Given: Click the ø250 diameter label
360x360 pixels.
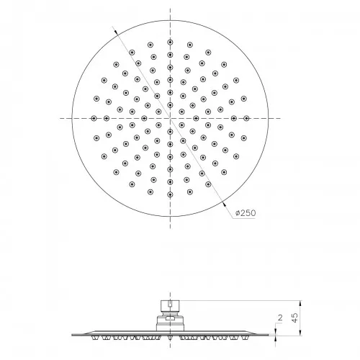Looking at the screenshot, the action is (246, 213).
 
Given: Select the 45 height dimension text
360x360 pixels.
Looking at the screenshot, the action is (295, 318).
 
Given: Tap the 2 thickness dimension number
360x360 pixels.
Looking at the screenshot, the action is (280, 318).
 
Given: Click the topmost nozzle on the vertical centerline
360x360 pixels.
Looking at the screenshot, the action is (170, 42).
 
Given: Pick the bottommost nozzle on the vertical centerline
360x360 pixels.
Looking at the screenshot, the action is (170, 194).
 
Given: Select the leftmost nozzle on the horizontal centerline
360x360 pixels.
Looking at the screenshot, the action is (94, 118).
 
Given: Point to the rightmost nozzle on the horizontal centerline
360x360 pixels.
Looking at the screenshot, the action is (246, 118).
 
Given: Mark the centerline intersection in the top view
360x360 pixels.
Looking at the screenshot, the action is (170, 118).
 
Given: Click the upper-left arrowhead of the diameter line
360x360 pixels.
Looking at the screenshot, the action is (116, 32).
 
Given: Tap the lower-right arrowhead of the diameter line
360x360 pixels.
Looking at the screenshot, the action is (224, 204).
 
